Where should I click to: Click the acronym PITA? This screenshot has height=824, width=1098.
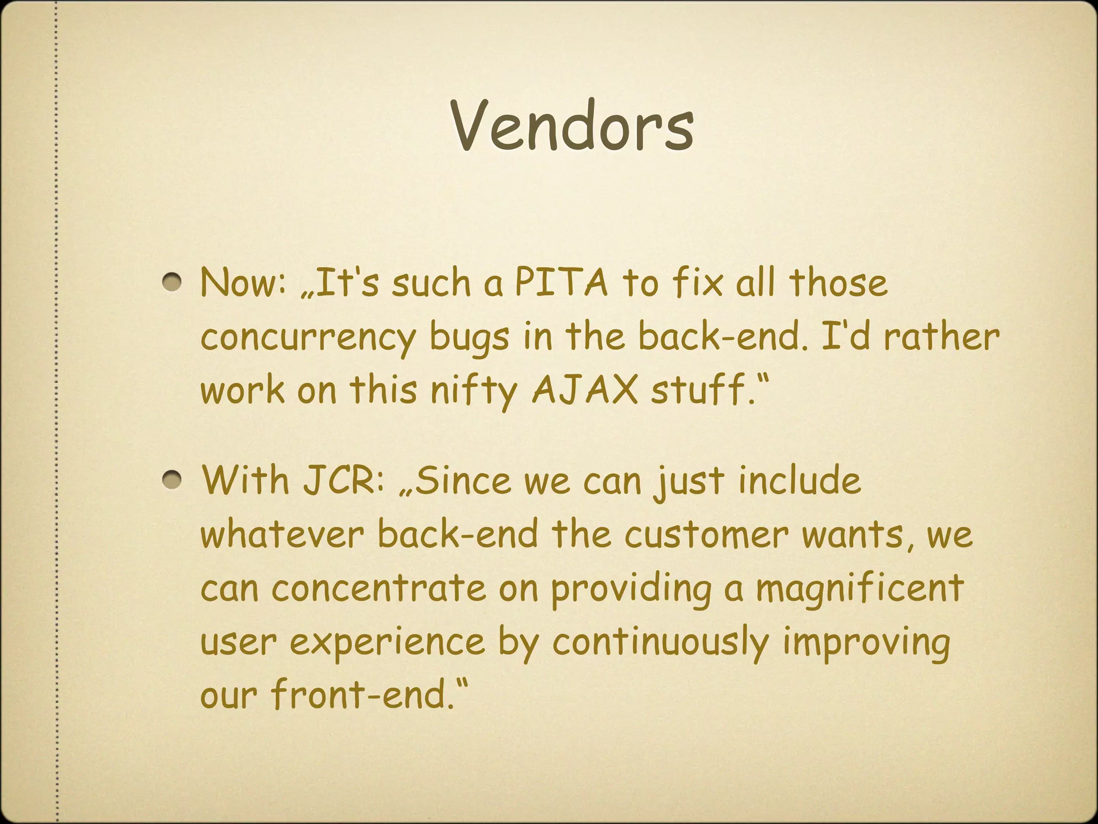pyautogui.click(x=561, y=282)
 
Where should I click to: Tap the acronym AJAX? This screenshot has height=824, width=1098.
pyautogui.click(x=584, y=389)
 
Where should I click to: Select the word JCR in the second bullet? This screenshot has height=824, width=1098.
pyautogui.click(x=344, y=480)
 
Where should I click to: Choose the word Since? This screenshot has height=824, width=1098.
pyautogui.click(x=462, y=480)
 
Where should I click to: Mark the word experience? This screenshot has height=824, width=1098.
pyautogui.click(x=387, y=643)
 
